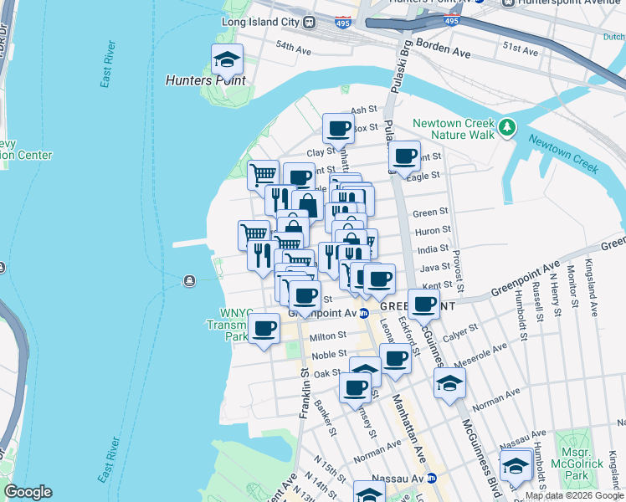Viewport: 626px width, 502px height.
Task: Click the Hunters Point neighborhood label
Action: point(206,81)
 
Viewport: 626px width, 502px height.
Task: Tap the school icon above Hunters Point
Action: point(227,59)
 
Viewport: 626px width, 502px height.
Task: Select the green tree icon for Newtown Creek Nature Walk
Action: point(506,126)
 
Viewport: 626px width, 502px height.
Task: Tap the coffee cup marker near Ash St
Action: point(338,129)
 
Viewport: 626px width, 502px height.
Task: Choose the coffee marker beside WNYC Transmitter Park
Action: point(265,328)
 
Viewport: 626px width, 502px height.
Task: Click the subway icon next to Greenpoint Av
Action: point(364,313)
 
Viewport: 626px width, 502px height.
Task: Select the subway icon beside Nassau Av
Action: point(432,479)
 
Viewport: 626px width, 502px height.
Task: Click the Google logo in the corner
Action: point(28,492)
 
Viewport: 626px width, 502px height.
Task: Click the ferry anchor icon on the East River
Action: point(191,280)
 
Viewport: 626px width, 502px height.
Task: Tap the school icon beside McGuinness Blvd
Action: point(450,384)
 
